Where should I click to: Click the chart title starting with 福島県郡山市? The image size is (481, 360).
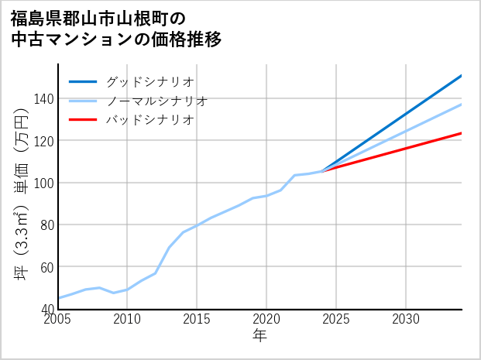(x=116, y=28)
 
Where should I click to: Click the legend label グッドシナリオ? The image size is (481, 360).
(x=149, y=81)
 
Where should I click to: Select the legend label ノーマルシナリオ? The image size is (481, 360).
(x=156, y=101)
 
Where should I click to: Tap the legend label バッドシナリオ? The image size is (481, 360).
(x=149, y=120)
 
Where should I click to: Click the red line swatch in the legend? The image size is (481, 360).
(x=83, y=120)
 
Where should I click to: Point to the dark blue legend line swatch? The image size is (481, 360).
(x=83, y=81)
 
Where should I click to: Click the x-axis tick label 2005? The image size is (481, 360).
(x=58, y=319)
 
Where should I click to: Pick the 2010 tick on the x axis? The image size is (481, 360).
(x=127, y=319)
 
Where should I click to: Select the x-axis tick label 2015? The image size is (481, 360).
(x=197, y=319)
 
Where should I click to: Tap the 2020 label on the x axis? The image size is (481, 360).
(x=266, y=319)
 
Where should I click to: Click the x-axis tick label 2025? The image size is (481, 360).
(x=336, y=319)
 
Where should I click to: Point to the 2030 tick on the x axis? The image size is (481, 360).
(x=406, y=319)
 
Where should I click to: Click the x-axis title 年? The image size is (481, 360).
(x=260, y=336)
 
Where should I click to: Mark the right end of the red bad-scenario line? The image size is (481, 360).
(x=461, y=133)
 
